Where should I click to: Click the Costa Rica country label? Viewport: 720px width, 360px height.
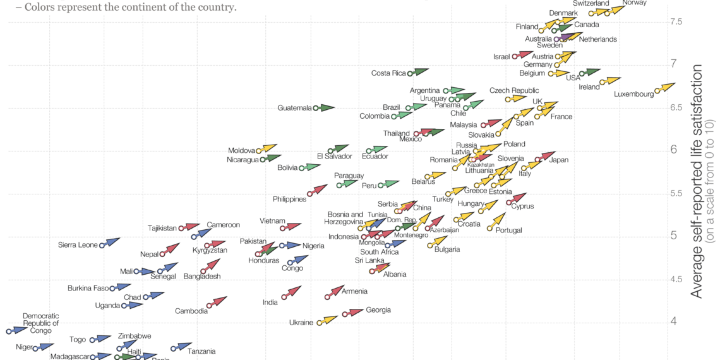click(x=388, y=73)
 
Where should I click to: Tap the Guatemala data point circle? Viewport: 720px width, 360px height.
click(x=316, y=108)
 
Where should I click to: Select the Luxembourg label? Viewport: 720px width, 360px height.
click(x=633, y=95)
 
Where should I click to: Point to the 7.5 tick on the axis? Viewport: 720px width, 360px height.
click(x=676, y=22)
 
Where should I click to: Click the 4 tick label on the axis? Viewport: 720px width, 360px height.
click(x=673, y=321)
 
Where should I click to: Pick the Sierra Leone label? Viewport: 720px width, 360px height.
click(x=78, y=245)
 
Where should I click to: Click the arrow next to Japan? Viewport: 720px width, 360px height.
click(x=547, y=157)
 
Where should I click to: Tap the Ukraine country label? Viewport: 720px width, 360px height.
click(x=301, y=323)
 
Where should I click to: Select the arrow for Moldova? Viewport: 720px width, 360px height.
click(x=269, y=148)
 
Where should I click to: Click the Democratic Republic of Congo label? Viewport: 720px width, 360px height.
click(x=40, y=323)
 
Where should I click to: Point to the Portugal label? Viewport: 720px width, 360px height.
click(x=508, y=231)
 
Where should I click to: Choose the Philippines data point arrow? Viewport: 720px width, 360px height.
click(x=320, y=189)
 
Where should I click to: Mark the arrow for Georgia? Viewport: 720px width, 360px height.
click(x=354, y=311)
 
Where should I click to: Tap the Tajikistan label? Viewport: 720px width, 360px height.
click(x=162, y=229)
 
